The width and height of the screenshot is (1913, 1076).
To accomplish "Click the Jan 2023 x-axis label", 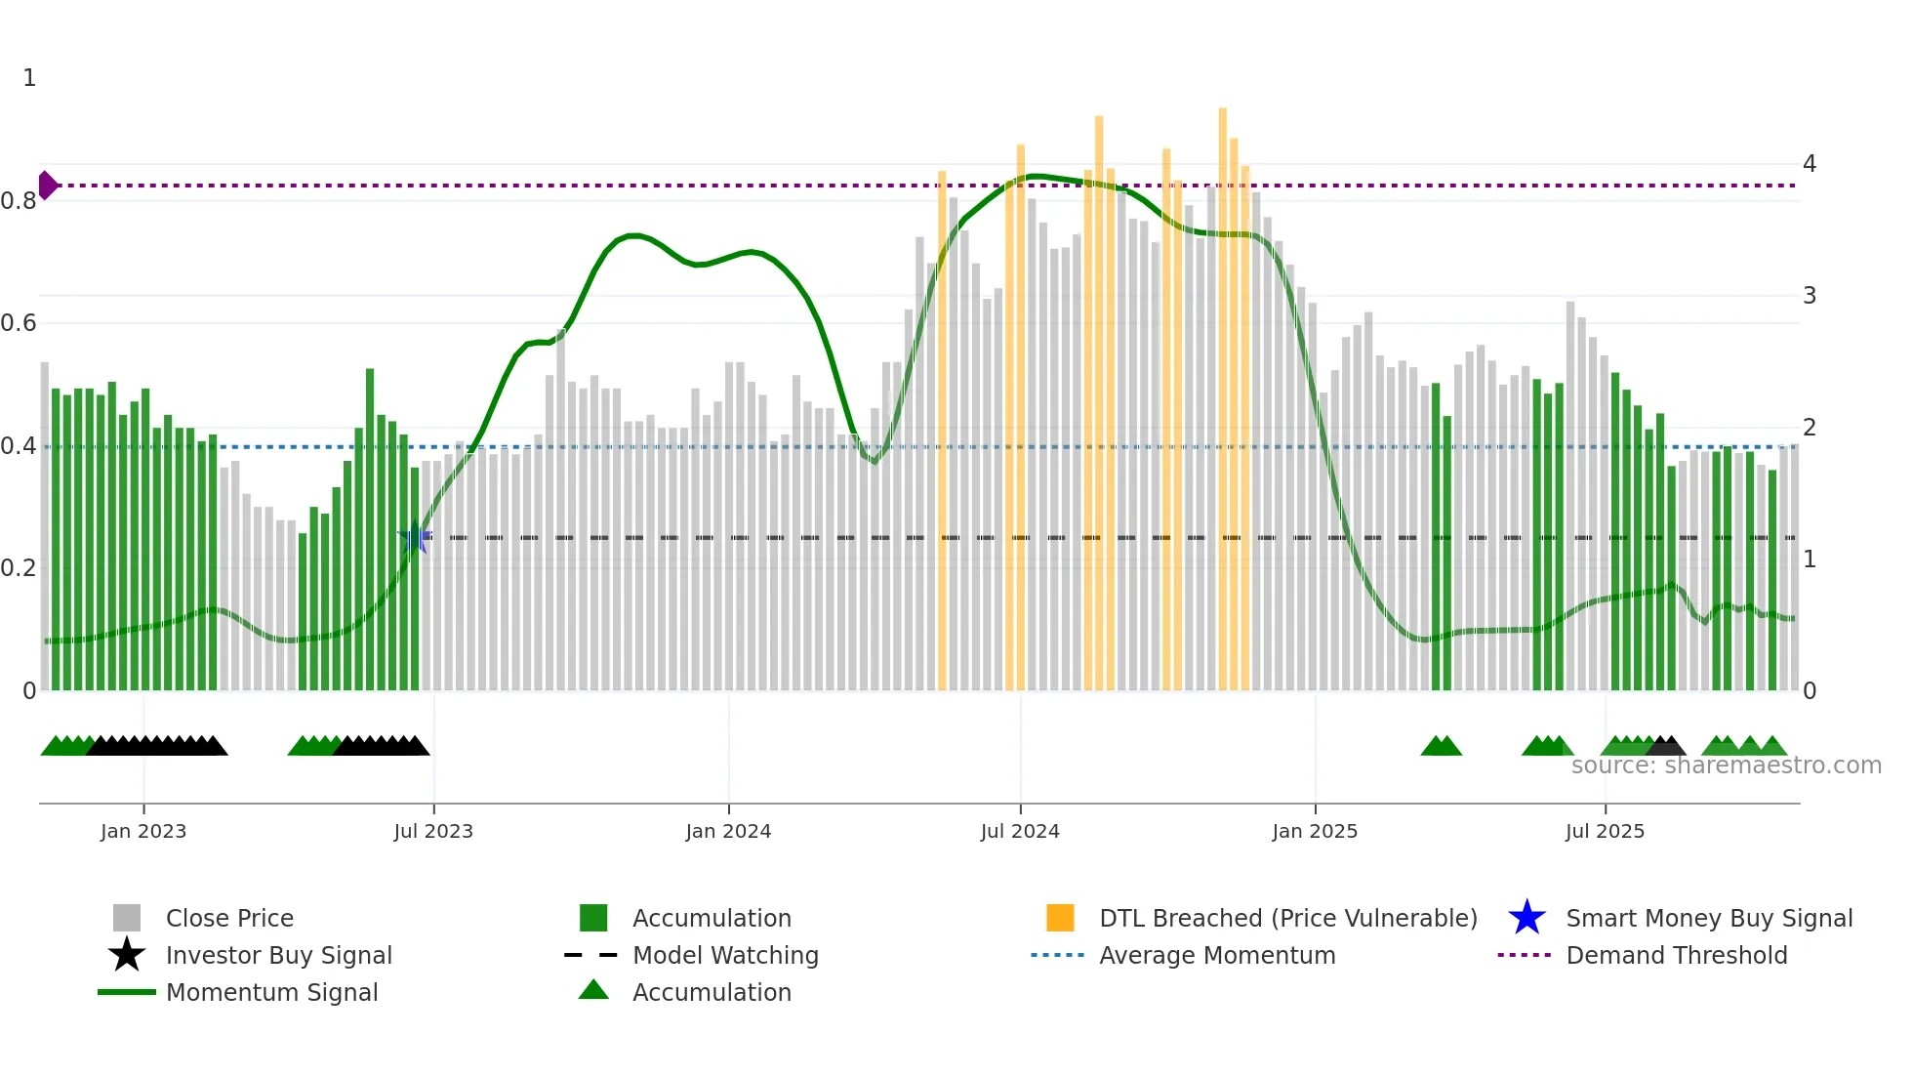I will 143,831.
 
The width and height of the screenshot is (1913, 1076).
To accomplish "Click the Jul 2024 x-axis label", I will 1020,831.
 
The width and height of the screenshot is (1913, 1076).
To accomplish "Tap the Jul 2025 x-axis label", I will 1605,831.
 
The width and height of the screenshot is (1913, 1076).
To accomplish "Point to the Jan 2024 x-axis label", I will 728,831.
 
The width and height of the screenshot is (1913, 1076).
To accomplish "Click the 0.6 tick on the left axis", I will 19,323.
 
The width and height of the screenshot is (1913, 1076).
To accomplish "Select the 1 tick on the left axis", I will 29,78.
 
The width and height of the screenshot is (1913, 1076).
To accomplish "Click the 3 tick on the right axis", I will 1810,296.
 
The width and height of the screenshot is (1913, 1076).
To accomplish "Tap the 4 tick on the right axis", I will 1810,164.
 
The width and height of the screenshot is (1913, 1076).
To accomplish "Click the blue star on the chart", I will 416,537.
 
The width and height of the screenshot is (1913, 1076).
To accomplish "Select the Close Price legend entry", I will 229,918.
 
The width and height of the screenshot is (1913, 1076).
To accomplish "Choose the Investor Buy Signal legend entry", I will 278,955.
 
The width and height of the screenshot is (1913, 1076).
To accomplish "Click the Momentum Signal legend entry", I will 271,992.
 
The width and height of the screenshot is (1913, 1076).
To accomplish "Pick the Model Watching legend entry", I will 724,955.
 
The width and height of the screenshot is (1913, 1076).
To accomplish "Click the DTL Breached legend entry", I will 1287,918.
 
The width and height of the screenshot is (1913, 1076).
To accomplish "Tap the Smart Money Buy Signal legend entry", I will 1708,918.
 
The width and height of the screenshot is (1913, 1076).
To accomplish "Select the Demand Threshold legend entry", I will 1676,955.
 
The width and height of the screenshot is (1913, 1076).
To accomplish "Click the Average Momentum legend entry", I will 1216,955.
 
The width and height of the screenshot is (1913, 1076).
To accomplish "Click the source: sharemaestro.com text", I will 1726,766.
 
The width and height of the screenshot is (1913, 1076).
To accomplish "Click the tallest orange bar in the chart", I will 1222,391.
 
